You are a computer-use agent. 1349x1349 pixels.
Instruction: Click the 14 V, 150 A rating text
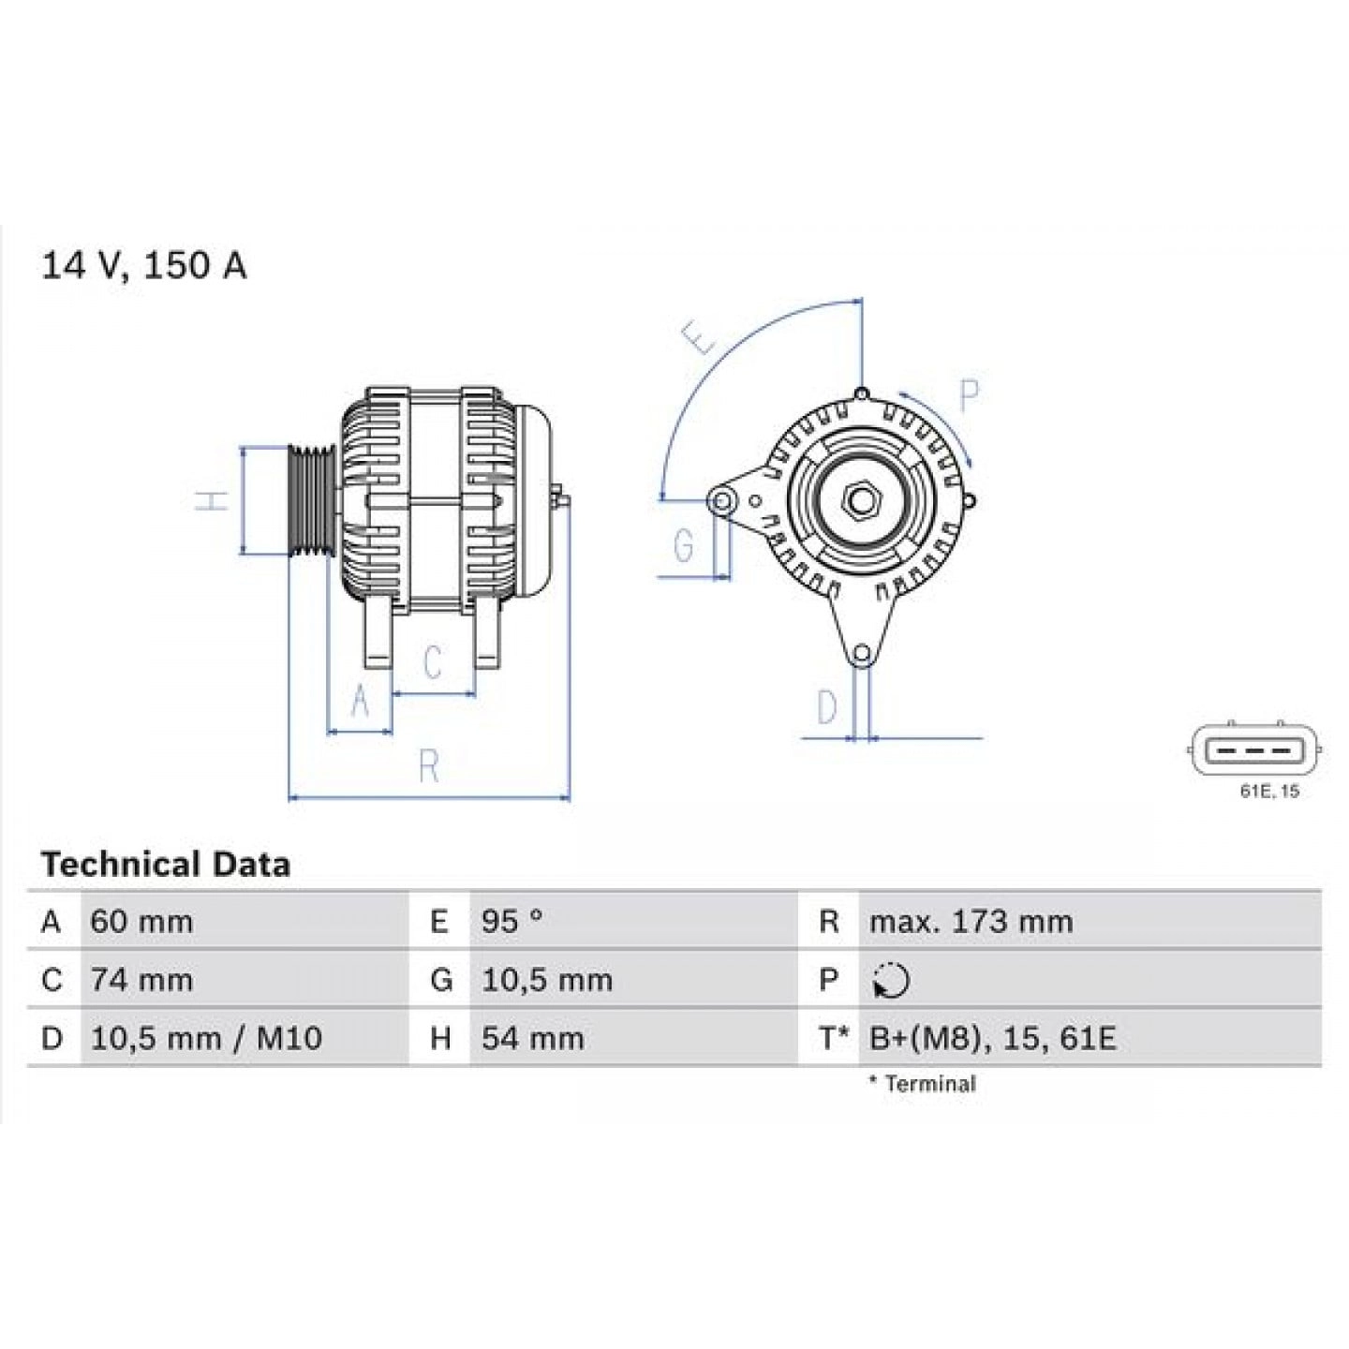click(143, 266)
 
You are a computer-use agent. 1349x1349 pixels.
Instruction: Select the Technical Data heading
click(165, 864)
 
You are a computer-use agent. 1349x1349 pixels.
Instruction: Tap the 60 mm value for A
click(141, 922)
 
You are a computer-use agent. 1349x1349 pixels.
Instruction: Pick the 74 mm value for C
click(141, 980)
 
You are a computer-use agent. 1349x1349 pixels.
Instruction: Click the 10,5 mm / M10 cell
click(206, 1038)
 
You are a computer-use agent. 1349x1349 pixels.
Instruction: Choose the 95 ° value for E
click(511, 922)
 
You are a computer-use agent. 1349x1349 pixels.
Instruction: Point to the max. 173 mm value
click(971, 922)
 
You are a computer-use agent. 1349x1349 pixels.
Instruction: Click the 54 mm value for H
click(532, 1038)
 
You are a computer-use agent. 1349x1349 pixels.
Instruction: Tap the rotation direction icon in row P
click(890, 981)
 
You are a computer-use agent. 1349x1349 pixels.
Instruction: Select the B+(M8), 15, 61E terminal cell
click(992, 1038)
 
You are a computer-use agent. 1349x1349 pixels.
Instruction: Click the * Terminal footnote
click(922, 1084)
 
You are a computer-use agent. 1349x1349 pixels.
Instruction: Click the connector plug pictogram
click(1255, 750)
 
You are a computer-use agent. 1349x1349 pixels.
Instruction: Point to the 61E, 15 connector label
click(1269, 792)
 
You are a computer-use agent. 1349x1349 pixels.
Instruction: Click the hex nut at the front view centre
click(859, 500)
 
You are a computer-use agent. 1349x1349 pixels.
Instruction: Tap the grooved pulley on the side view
click(311, 500)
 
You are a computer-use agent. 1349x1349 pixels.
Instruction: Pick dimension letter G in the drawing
click(685, 545)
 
